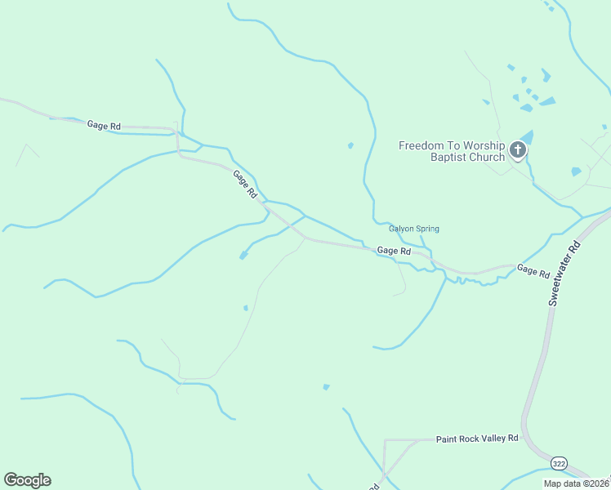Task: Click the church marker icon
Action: pyautogui.click(x=518, y=150)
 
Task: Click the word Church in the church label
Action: pyautogui.click(x=488, y=157)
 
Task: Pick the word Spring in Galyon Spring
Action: pyautogui.click(x=427, y=229)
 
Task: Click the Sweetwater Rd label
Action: pyautogui.click(x=564, y=273)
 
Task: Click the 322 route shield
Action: pyautogui.click(x=559, y=463)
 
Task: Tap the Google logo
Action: pyautogui.click(x=27, y=480)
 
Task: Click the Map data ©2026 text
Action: pyautogui.click(x=576, y=483)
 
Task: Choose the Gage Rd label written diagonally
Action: pyautogui.click(x=245, y=185)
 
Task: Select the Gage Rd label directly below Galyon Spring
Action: pyautogui.click(x=393, y=252)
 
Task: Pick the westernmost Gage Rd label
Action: pyautogui.click(x=104, y=126)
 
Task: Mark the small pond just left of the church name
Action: pyautogui.click(x=350, y=145)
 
